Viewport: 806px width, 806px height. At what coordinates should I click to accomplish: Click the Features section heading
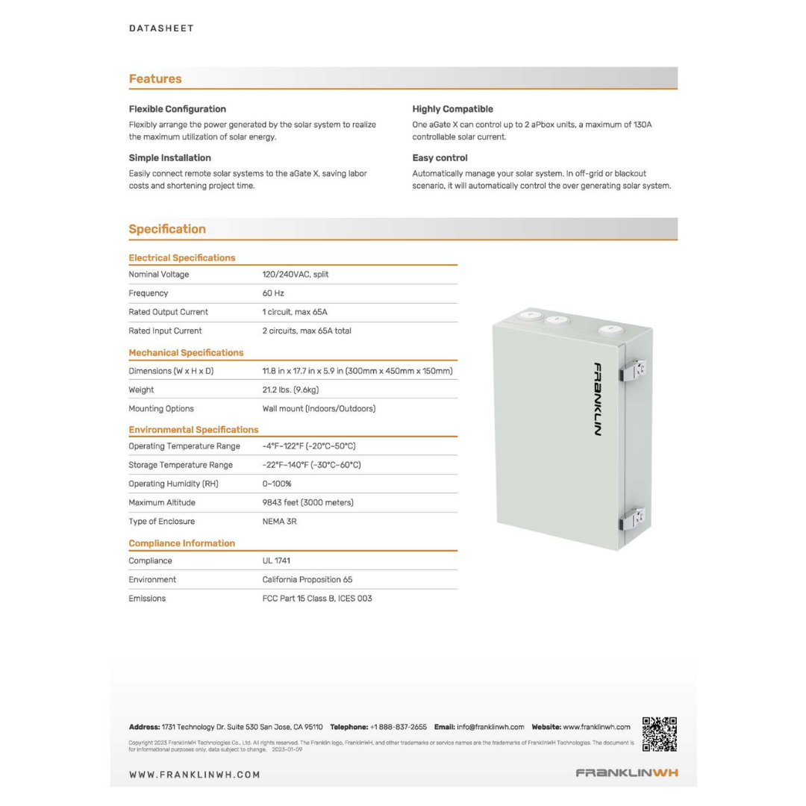pos(155,78)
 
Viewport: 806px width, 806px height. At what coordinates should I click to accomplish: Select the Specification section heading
pos(167,229)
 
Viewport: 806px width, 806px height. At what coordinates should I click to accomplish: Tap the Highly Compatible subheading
pos(452,109)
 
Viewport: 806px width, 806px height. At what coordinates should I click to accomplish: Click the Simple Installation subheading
pos(169,157)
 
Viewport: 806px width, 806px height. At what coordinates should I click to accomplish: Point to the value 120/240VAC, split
pos(296,275)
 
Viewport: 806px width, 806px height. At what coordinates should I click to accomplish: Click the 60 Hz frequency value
pos(273,293)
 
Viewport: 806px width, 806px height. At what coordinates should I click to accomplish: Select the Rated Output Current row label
pos(168,312)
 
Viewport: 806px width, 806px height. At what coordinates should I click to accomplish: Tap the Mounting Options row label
pos(161,409)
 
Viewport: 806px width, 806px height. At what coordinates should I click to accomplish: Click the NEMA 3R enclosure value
pos(279,522)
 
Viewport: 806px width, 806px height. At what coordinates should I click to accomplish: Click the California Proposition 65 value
pos(307,579)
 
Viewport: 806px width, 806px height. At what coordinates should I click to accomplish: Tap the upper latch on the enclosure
pos(634,370)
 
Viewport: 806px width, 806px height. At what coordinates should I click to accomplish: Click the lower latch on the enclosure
pos(634,516)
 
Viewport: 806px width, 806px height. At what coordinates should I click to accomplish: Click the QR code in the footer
pos(660,734)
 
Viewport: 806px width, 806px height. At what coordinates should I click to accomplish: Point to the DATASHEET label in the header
pos(161,28)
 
